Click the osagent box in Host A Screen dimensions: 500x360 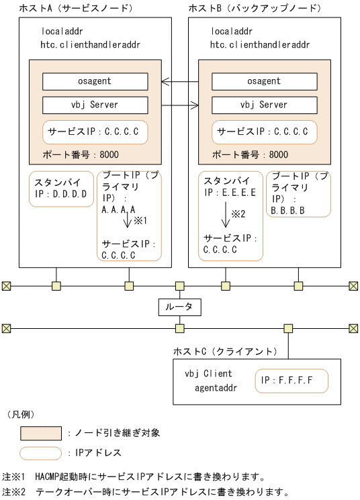pyautogui.click(x=95, y=81)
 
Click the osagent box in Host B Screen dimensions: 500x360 pyautogui.click(x=264, y=81)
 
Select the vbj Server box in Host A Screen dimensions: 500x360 pyautogui.click(x=95, y=105)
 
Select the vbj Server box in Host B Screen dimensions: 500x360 pyautogui.click(x=264, y=105)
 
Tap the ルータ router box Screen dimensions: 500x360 pyautogui.click(x=179, y=307)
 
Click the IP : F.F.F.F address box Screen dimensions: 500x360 pyautogui.click(x=291, y=381)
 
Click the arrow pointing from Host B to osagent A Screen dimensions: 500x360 pyautogui.click(x=179, y=82)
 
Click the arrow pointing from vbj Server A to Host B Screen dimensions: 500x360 pyautogui.click(x=179, y=105)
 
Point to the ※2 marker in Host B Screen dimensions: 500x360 pyautogui.click(x=240, y=214)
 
